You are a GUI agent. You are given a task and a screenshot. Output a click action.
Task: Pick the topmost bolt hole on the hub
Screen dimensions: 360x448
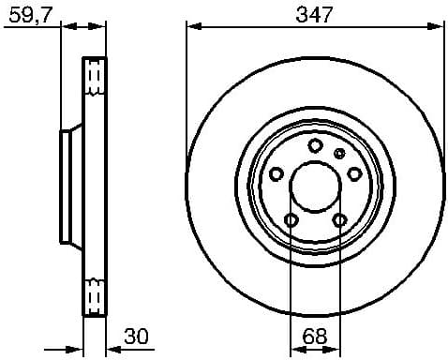click(315, 145)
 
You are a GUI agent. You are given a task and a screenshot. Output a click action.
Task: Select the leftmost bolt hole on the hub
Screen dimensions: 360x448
click(276, 173)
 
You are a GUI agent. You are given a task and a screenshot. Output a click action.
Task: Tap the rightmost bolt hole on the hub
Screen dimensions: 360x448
click(353, 173)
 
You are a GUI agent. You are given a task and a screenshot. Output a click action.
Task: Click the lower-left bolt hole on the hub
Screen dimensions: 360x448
click(291, 219)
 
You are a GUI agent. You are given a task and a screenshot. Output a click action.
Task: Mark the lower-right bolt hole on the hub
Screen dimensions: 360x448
click(338, 219)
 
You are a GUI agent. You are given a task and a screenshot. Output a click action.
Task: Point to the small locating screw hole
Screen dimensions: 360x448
click(339, 153)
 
